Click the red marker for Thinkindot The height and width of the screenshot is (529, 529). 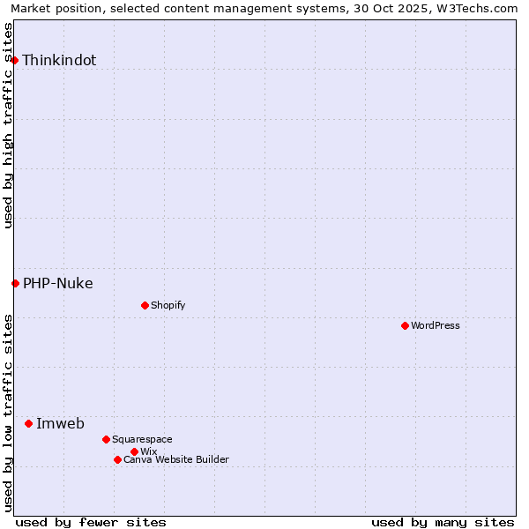(15, 60)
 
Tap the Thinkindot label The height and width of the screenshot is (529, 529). (59, 61)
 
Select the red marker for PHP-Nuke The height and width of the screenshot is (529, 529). (15, 283)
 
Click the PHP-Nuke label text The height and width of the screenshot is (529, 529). (58, 284)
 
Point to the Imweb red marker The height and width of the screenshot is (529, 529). (28, 423)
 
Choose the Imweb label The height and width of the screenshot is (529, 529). (60, 424)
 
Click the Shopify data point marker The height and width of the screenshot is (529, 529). (145, 305)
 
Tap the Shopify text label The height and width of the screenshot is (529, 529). (168, 306)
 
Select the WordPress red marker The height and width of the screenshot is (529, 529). (405, 325)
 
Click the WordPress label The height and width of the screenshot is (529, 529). (436, 326)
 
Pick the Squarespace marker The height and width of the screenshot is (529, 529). (106, 439)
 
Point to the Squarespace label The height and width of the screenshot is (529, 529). (143, 440)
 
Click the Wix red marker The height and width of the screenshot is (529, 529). (134, 451)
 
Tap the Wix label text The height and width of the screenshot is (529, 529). (149, 452)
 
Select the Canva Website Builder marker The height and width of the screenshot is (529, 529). (117, 459)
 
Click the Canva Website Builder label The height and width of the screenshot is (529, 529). (176, 460)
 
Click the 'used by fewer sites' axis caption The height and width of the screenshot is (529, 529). (91, 523)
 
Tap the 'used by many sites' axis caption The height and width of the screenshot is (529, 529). (443, 523)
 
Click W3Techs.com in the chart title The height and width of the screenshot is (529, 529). (475, 8)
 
